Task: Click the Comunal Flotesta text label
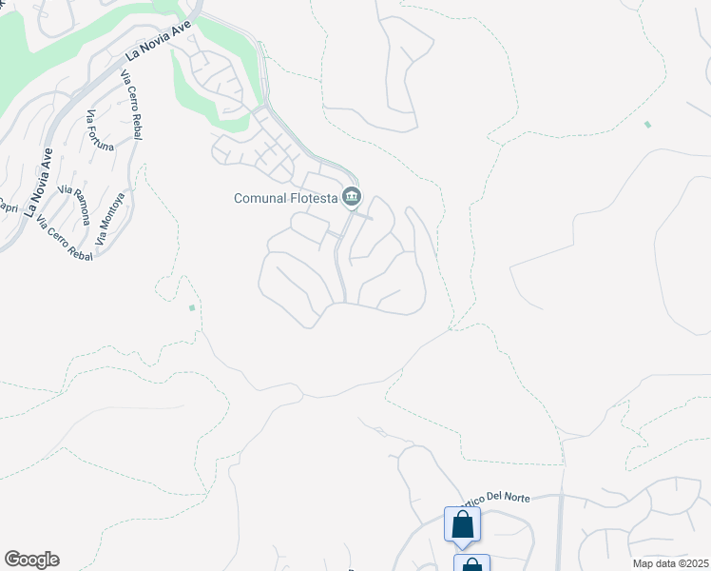coord(286,198)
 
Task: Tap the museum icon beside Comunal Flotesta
coord(352,197)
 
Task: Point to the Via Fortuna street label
coord(100,130)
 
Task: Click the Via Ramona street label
coord(73,205)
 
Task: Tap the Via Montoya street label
coord(109,214)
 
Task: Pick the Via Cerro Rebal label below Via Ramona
coord(64,239)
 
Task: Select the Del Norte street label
coord(498,498)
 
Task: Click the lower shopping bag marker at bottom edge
coord(471,563)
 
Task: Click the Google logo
coord(31,560)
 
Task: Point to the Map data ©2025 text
coord(670,563)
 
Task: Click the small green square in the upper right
coord(647,125)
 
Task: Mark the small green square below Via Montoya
coord(192,307)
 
